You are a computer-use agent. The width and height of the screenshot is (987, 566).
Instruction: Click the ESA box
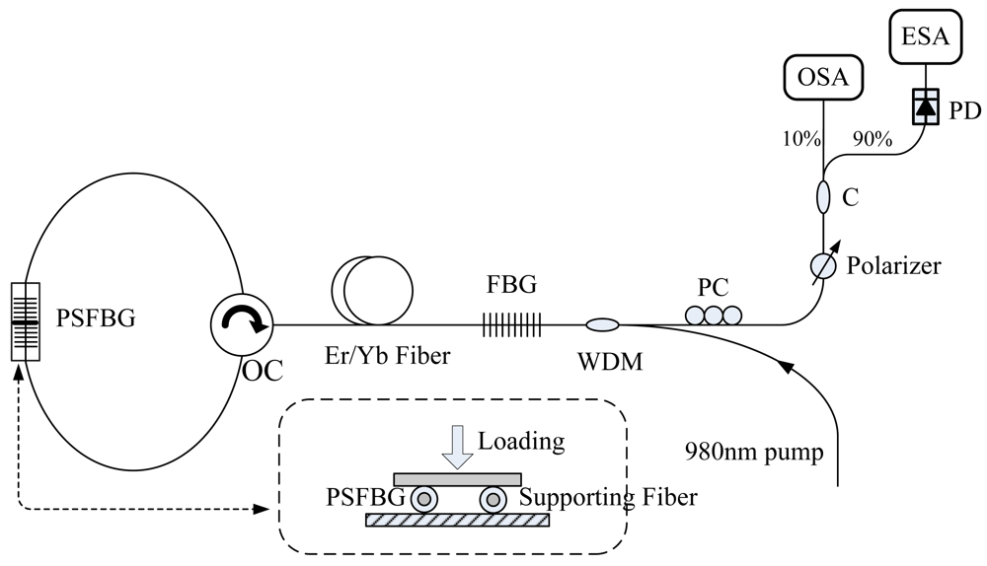pos(924,38)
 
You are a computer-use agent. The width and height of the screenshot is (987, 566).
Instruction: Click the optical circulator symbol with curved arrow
pos(240,323)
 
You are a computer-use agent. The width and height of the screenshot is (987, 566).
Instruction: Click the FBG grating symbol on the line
pos(512,323)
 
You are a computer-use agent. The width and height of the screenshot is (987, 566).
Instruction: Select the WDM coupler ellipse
pos(602,323)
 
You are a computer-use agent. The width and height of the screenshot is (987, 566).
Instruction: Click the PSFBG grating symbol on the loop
pos(26,321)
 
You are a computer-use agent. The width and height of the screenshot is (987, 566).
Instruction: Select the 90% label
pos(872,139)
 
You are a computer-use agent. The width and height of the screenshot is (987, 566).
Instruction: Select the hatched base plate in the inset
pos(457,520)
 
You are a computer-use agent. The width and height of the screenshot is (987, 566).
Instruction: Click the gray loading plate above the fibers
pos(457,478)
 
